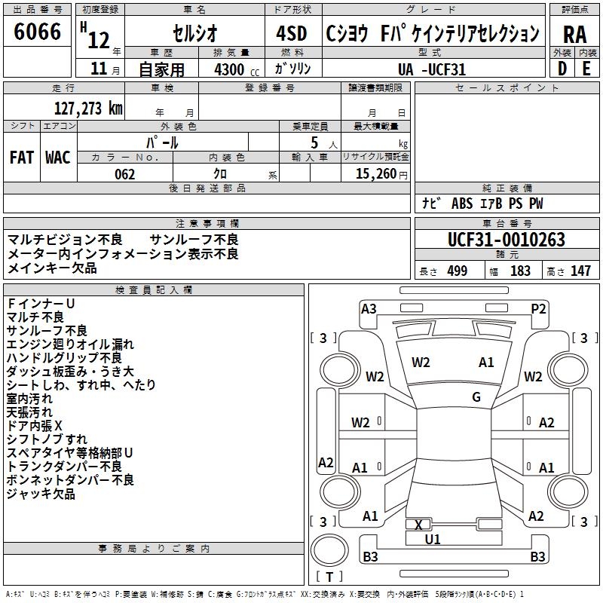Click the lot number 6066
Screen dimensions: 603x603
click(37, 32)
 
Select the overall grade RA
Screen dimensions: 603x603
click(574, 35)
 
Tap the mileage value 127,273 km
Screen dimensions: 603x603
click(88, 109)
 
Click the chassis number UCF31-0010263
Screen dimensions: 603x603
click(507, 240)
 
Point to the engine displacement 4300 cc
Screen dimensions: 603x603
click(237, 69)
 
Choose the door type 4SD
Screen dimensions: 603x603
click(292, 33)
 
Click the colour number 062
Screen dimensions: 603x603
click(124, 174)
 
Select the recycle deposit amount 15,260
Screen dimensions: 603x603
click(375, 174)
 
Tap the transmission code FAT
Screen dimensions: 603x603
click(22, 158)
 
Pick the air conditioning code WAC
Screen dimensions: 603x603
click(58, 158)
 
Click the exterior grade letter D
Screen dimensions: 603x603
click(562, 69)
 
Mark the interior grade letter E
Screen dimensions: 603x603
click(586, 69)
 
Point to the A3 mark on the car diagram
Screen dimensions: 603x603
click(369, 309)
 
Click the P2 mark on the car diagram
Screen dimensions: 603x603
click(538, 309)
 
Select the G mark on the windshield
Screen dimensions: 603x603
click(476, 397)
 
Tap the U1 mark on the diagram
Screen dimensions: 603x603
click(432, 540)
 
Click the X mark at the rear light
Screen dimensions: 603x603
click(418, 525)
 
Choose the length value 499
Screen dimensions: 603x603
click(457, 271)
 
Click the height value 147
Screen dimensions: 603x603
click(580, 271)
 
